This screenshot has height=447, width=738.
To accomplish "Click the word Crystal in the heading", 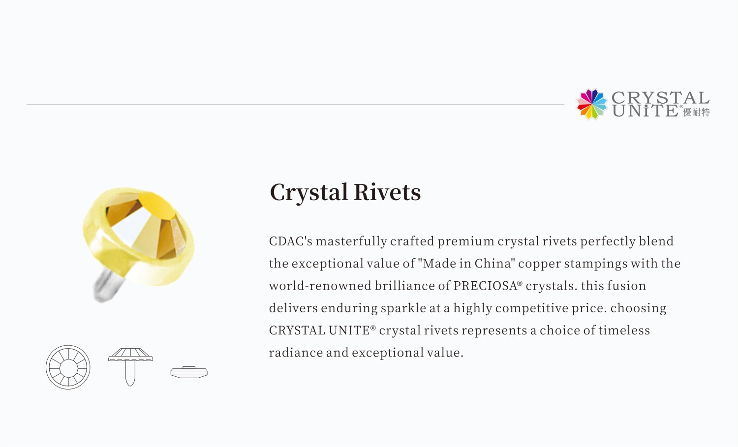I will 309,192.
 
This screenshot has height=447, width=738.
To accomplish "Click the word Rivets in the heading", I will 387,192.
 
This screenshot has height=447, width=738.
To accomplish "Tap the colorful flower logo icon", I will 592,104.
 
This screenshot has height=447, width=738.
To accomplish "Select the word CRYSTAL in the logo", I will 660,97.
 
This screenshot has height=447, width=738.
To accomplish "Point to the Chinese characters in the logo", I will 697,113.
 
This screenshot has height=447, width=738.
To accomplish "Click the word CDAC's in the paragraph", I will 290,241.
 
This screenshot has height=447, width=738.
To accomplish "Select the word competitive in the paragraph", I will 531,308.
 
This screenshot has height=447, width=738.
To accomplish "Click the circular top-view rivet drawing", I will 68,367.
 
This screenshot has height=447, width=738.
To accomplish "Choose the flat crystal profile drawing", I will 189,372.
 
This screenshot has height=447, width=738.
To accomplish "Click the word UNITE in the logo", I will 645,111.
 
